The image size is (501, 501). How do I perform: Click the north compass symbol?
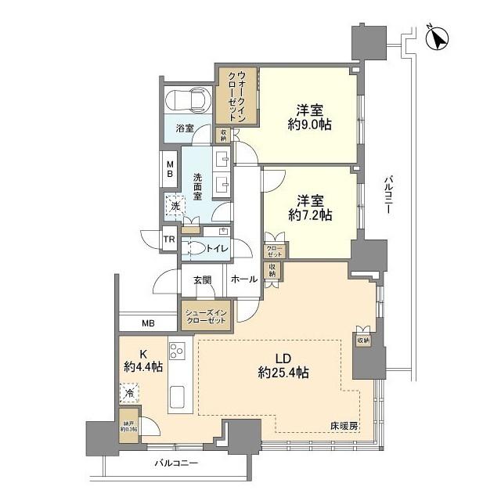(x=436, y=37)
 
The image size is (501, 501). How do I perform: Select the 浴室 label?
(x=185, y=127)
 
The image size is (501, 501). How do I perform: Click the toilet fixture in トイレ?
(x=196, y=249)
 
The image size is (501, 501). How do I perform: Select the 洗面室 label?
(x=199, y=186)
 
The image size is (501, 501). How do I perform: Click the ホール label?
(x=245, y=279)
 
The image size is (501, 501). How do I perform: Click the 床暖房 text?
(x=344, y=426)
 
